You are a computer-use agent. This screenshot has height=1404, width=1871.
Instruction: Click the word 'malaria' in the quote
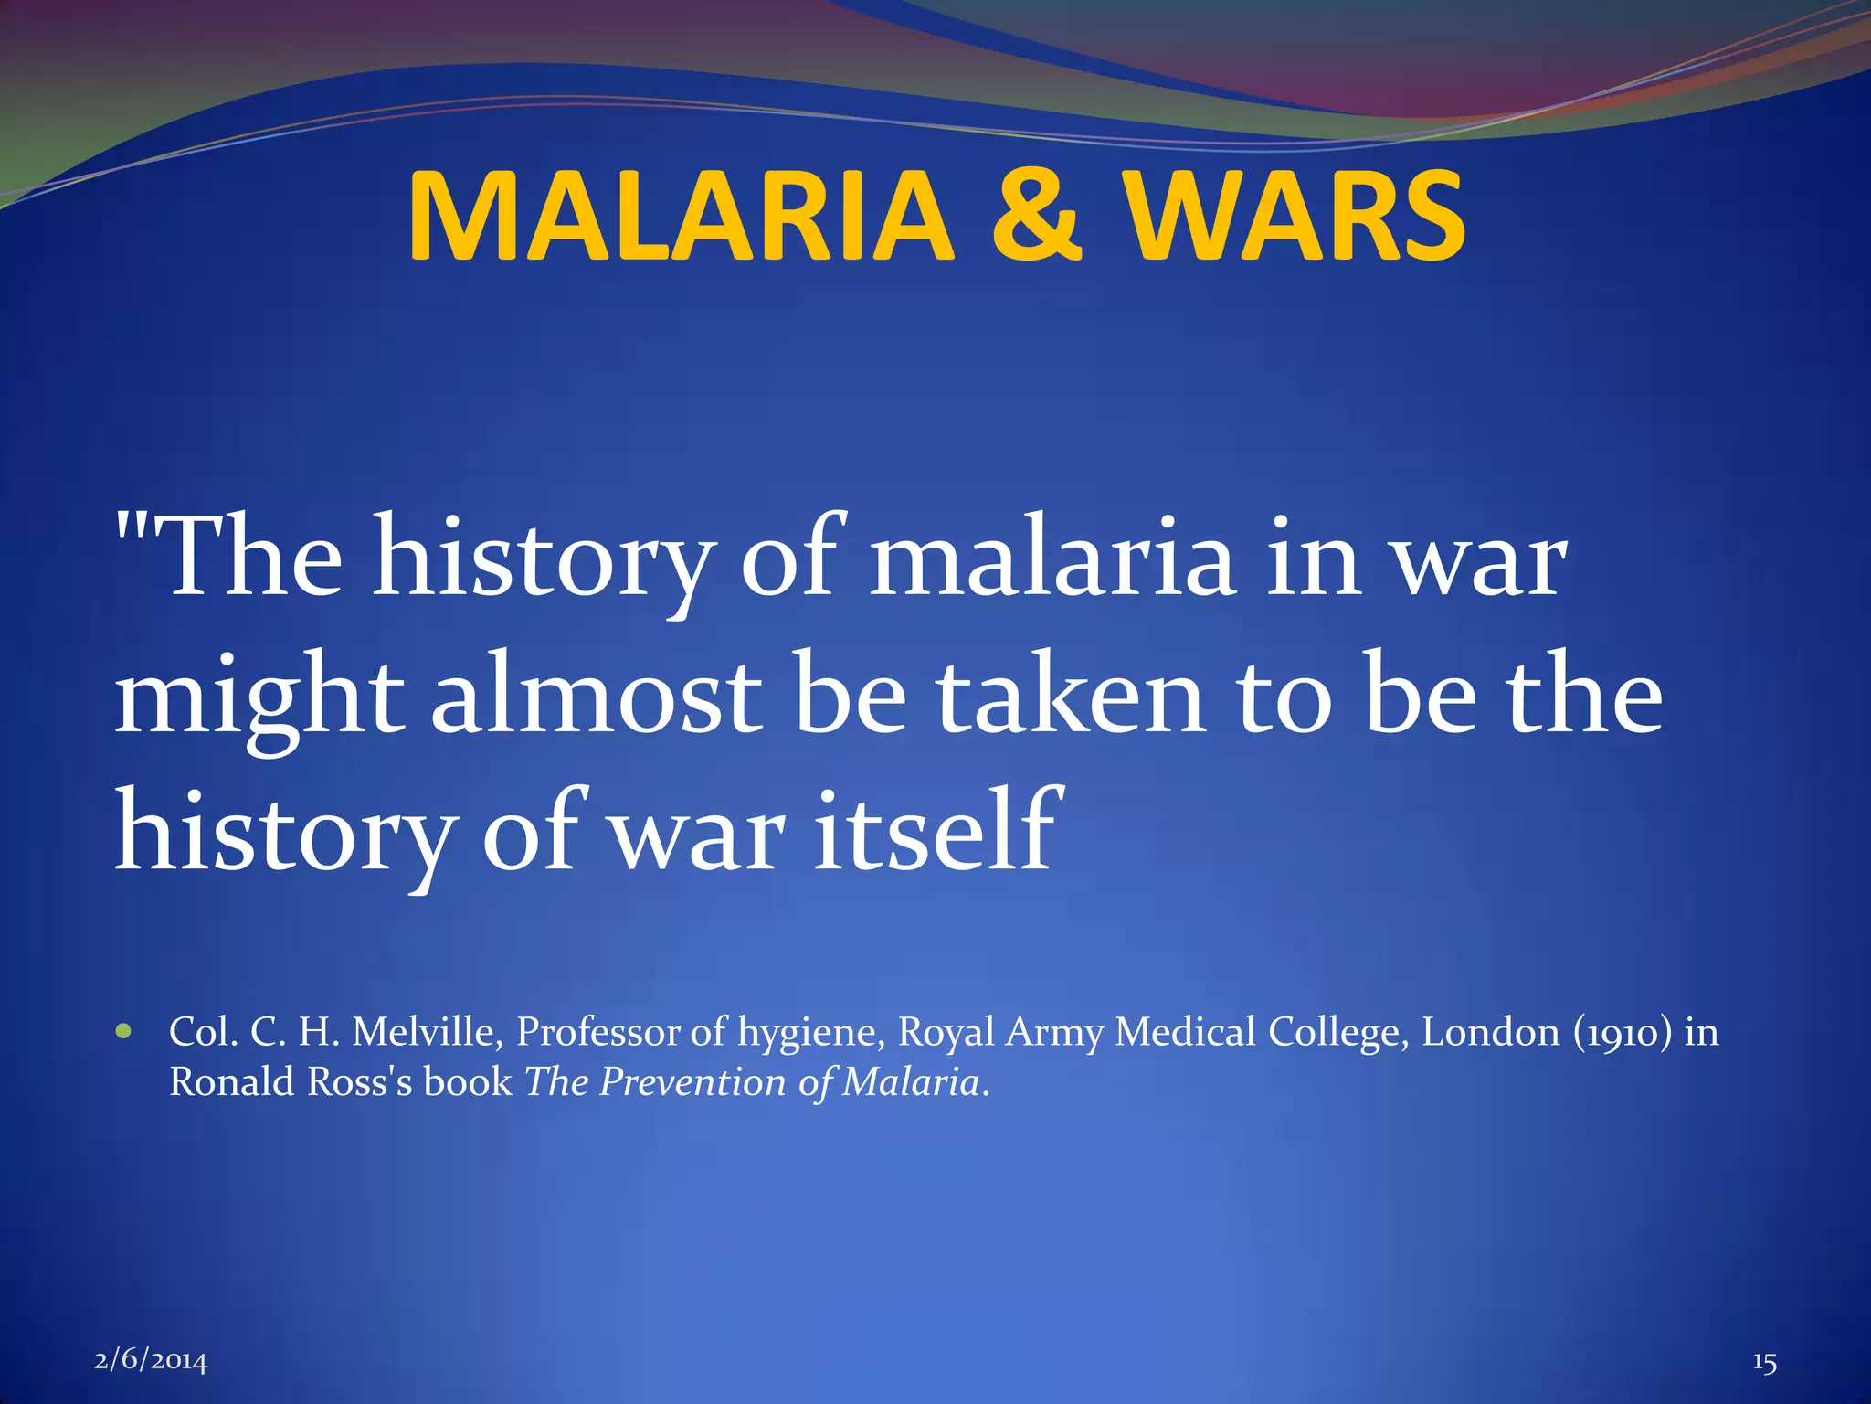coord(1051,559)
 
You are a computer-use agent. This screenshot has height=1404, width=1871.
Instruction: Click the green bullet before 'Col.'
coord(124,1032)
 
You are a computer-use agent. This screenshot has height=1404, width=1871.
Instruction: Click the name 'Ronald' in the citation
coord(232,1082)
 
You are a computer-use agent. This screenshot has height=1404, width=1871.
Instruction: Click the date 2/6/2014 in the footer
coord(151,1361)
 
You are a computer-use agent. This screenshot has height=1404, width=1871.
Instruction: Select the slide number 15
coord(1764,1362)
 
